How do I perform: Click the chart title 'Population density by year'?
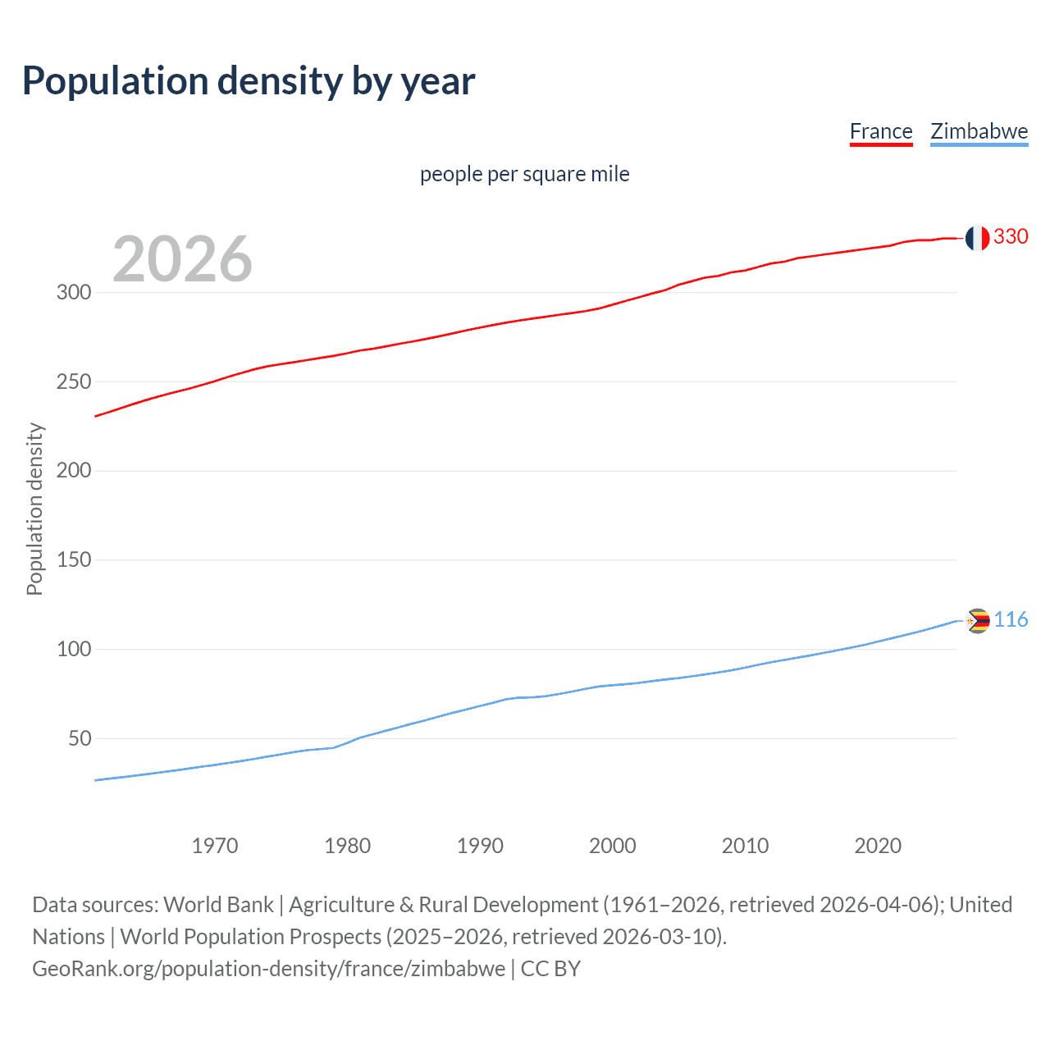coord(249,81)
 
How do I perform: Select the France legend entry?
coord(881,131)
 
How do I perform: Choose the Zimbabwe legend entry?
coord(979,131)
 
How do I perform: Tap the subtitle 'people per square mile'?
coord(525,174)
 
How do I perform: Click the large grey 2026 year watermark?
coord(182,259)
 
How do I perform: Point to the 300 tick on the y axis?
coord(74,292)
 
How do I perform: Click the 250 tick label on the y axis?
coord(74,381)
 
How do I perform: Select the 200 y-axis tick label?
coord(74,471)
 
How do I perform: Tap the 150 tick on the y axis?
coord(74,560)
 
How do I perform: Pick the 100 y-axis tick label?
coord(74,649)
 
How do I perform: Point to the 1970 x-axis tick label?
coord(215,846)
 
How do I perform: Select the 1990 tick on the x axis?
coord(480,846)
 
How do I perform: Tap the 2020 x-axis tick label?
coord(878,846)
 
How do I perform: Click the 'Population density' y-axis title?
coord(34,509)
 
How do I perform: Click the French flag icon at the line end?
coord(977,238)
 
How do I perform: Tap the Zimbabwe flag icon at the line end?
coord(977,621)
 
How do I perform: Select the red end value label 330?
coord(1011,236)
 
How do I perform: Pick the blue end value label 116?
coord(1011,619)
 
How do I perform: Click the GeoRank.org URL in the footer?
coord(268,969)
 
